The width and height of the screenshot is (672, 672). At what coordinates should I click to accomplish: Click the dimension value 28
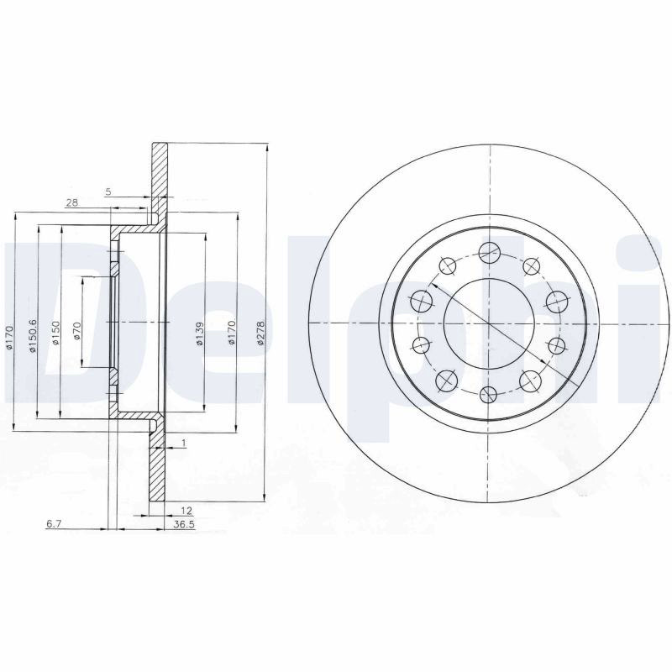pos(72,202)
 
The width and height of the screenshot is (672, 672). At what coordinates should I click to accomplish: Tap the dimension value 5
pos(108,192)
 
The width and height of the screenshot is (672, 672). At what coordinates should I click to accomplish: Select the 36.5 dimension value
pos(183,524)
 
